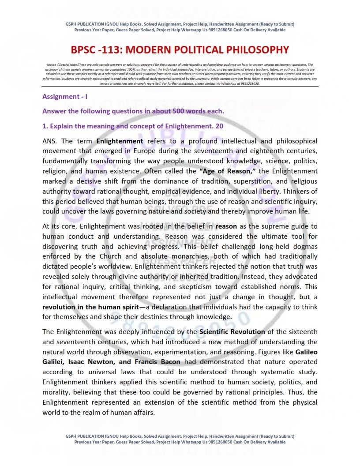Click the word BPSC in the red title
click(x=86, y=50)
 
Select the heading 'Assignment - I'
click(x=65, y=96)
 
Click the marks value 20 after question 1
click(x=219, y=126)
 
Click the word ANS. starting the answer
click(x=50, y=141)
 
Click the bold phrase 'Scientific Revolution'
click(x=232, y=332)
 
